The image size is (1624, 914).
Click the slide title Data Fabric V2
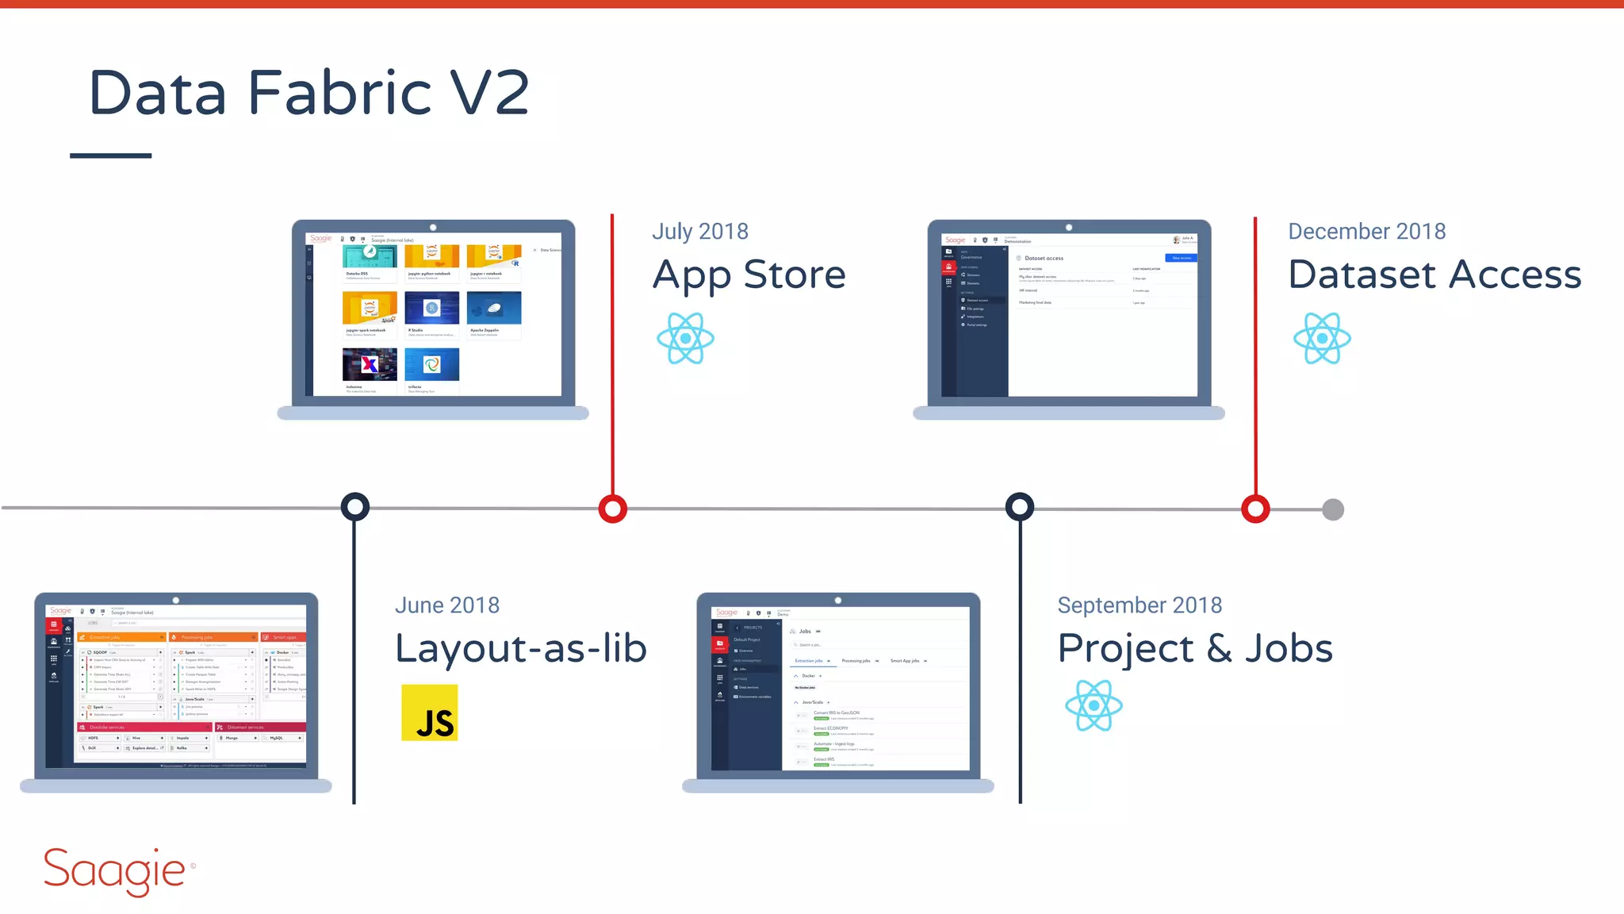(x=309, y=93)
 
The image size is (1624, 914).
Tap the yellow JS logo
(x=430, y=712)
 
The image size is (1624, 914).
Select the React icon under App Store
(x=686, y=338)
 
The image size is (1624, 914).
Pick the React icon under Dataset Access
(x=1322, y=338)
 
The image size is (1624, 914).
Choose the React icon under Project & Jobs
(x=1094, y=705)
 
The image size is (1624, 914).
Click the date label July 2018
(x=700, y=231)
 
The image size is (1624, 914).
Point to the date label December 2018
(x=1366, y=231)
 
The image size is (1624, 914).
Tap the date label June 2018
(x=447, y=605)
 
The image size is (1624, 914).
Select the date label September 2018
(x=1139, y=605)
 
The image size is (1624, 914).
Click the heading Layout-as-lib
(x=521, y=648)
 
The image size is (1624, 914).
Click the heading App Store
(x=749, y=275)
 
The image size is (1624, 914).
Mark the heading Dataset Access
(x=1434, y=275)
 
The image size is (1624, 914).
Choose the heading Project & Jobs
(x=1195, y=648)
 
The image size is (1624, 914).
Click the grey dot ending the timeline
(x=1333, y=509)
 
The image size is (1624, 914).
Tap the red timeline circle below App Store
(x=613, y=509)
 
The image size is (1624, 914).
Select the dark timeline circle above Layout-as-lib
(x=354, y=507)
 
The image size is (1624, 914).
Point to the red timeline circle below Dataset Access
(x=1255, y=509)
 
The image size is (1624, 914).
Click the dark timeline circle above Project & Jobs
(x=1020, y=507)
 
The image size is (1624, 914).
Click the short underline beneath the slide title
(x=111, y=156)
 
